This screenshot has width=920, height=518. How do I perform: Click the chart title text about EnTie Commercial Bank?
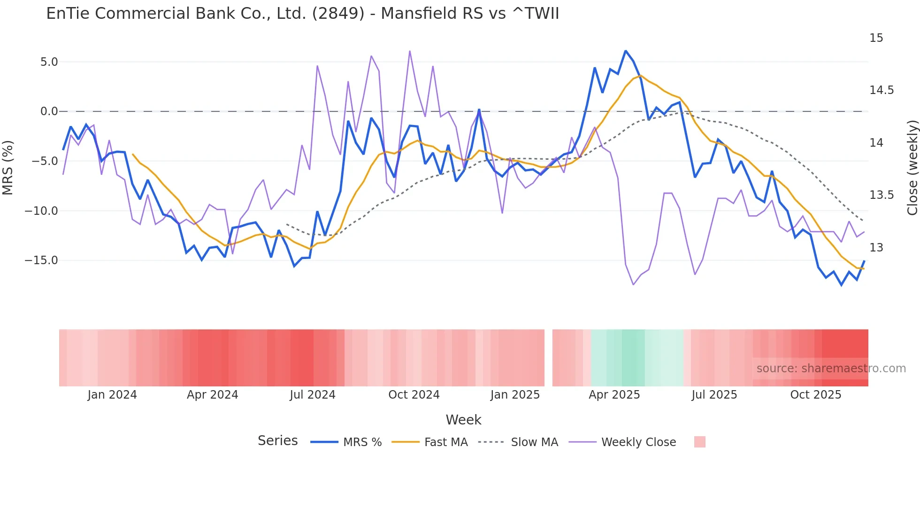(x=302, y=13)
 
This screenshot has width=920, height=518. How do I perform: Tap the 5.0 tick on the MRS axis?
(x=49, y=62)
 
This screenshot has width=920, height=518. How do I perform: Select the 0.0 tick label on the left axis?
(x=49, y=111)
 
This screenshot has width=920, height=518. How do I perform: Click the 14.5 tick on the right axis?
(x=881, y=90)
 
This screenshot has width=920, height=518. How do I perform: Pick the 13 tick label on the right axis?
(x=876, y=248)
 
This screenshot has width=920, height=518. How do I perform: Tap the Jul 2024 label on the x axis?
(x=312, y=395)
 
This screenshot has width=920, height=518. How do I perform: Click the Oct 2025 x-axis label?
(x=815, y=395)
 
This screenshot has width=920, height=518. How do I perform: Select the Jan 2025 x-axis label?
(x=515, y=395)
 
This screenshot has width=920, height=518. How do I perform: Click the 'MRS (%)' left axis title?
(x=8, y=168)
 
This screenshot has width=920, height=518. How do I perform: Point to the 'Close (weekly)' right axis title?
(x=912, y=168)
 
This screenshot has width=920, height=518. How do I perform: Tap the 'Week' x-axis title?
(x=463, y=420)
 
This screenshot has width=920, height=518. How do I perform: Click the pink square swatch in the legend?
(x=699, y=442)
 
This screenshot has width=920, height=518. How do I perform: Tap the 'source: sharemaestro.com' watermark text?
(x=831, y=369)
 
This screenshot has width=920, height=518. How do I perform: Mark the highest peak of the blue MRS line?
(x=625, y=51)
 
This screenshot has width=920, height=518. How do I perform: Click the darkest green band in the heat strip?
(x=633, y=358)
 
